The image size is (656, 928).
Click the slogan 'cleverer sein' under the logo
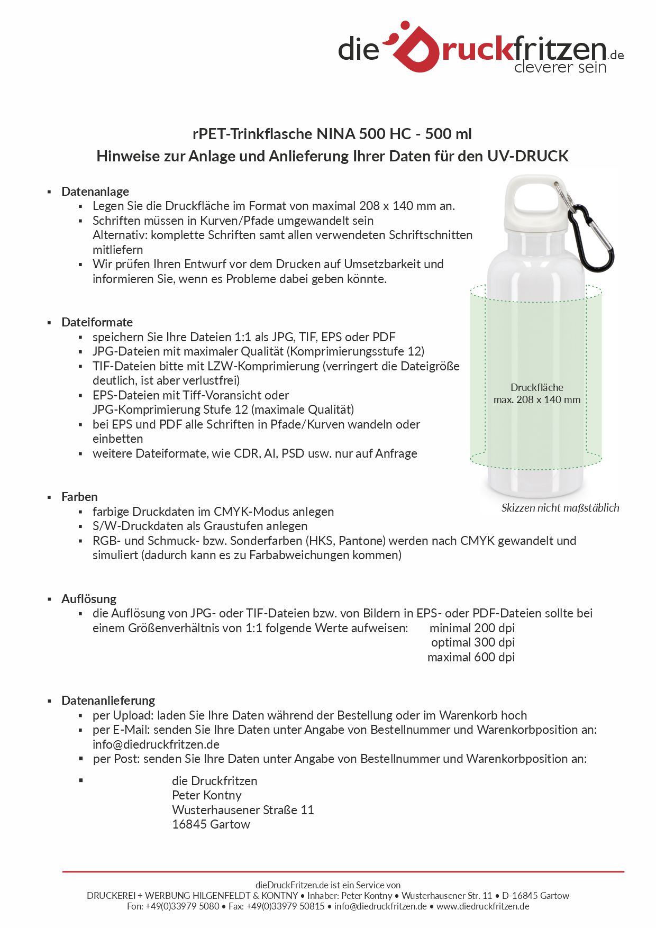click(x=560, y=68)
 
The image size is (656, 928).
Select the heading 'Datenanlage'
click(x=95, y=192)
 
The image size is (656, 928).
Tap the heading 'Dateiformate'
click(x=97, y=322)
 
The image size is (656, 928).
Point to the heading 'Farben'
click(x=79, y=497)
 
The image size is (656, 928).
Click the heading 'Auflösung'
click(x=89, y=599)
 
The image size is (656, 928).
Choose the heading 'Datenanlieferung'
click(x=108, y=700)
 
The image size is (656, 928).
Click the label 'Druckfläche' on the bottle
click(x=536, y=387)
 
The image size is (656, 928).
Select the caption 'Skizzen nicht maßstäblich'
click(x=560, y=508)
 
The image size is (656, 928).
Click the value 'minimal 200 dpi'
click(x=472, y=628)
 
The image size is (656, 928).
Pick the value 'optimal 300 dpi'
click(x=472, y=642)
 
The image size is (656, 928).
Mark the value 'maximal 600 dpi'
click(x=471, y=657)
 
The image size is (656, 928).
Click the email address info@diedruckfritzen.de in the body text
click(x=156, y=744)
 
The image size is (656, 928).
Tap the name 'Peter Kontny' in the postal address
click(x=206, y=795)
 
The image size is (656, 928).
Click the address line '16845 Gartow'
click(x=211, y=824)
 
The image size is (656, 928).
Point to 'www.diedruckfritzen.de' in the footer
click(x=482, y=906)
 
